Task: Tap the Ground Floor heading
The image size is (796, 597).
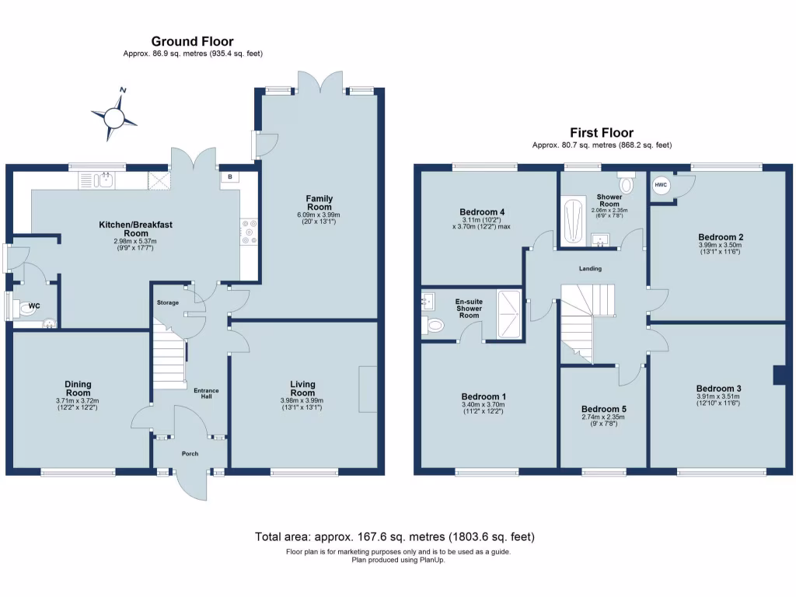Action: (193, 41)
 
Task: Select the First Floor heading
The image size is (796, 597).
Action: (602, 132)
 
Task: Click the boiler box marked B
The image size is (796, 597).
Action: (230, 177)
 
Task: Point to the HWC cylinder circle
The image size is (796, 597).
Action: (661, 185)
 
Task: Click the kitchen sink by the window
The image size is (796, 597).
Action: (106, 180)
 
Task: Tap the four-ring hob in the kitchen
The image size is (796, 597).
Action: (249, 232)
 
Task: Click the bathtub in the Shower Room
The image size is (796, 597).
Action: (573, 221)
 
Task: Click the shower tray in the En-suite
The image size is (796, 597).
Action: (508, 314)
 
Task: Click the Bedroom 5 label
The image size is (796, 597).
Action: (603, 409)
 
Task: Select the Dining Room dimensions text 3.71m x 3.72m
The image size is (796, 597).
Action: (78, 400)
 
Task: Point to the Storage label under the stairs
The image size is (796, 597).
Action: (168, 302)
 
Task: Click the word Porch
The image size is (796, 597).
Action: (190, 454)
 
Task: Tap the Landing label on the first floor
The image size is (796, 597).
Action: (590, 268)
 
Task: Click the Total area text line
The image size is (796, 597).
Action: (394, 536)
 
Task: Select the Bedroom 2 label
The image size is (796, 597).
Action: (721, 237)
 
